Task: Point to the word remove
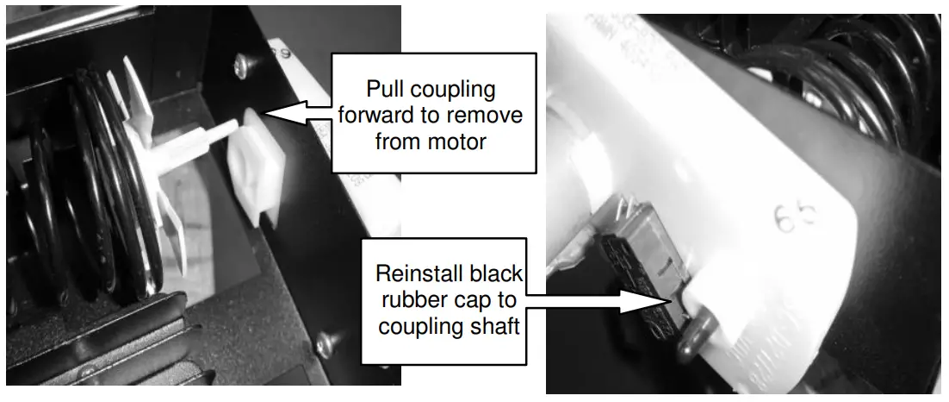click(x=477, y=115)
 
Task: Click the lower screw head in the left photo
click(x=326, y=344)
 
